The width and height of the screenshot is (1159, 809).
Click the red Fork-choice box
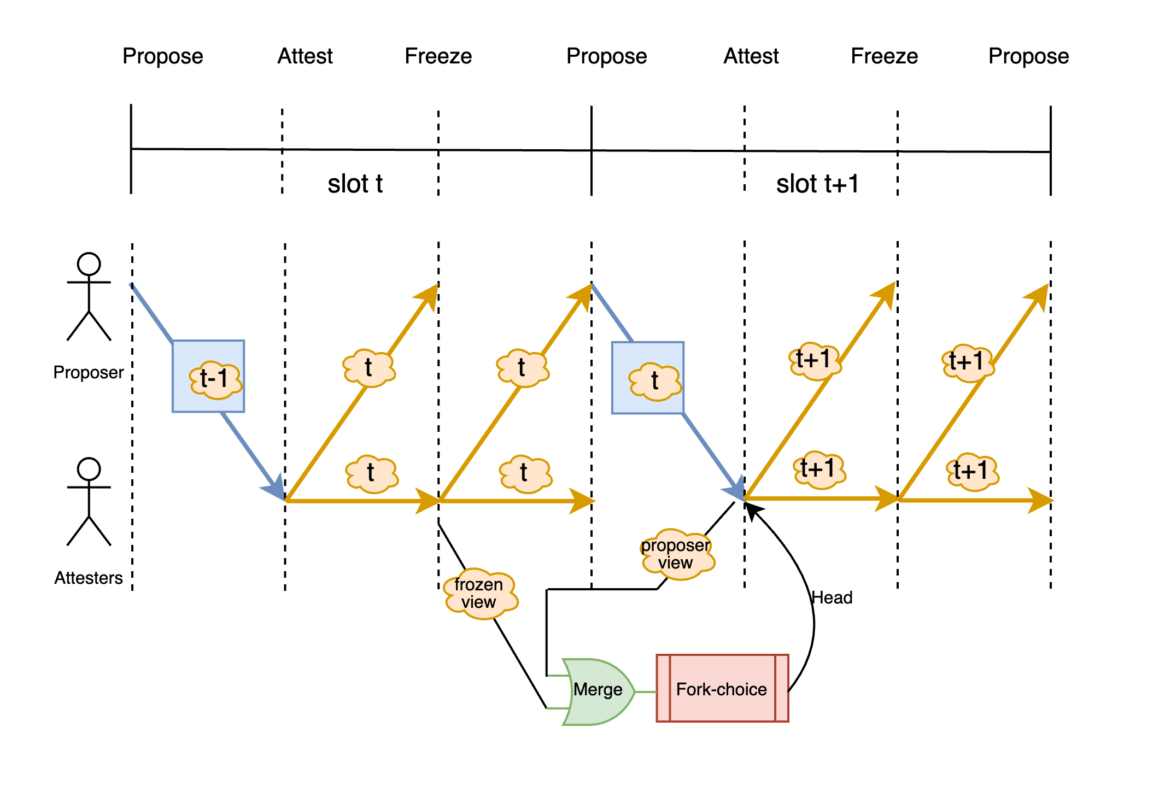722,689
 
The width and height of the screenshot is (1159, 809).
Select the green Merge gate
598,691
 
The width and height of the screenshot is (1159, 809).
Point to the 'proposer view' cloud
676,553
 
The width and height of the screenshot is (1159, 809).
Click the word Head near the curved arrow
832,597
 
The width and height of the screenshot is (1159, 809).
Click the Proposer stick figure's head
89,264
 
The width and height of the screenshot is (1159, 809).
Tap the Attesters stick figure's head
89,469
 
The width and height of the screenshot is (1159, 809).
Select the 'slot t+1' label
817,184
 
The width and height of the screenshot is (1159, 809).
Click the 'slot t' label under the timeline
355,184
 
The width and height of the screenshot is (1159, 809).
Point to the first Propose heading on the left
162,56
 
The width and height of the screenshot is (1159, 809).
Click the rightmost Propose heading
1028,56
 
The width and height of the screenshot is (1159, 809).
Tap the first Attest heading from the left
305,56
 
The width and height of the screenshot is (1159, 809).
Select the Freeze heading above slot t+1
884,56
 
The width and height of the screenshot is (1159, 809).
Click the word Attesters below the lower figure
89,578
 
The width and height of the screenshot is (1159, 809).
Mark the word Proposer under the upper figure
89,372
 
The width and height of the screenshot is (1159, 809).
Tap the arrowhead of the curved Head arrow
752,510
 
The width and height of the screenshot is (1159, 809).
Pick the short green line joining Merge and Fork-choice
645,692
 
